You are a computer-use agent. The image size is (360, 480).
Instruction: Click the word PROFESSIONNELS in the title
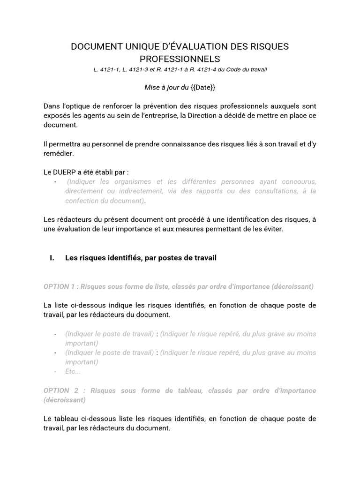(180, 59)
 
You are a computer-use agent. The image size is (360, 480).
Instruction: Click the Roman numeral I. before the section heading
(52, 258)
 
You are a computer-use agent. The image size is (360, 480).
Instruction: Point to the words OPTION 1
(60, 286)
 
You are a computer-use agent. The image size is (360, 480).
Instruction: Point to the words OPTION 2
(60, 390)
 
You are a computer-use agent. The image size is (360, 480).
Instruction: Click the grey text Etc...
(73, 371)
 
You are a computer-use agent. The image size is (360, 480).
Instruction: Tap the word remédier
(58, 153)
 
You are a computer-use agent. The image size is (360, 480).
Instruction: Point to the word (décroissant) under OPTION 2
(64, 400)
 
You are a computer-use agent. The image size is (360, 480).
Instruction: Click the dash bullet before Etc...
(56, 371)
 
